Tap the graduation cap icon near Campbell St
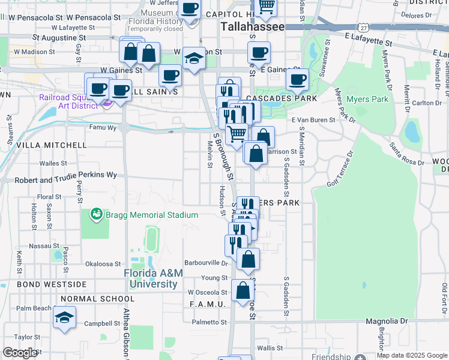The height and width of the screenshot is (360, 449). (x=64, y=318)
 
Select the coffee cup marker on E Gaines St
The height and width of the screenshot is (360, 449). (x=297, y=79)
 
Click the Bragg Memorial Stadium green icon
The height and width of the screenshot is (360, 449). (x=95, y=214)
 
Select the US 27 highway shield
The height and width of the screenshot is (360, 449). (x=362, y=28)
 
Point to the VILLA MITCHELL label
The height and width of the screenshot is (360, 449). (x=51, y=145)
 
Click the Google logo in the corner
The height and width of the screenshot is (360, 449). (x=20, y=353)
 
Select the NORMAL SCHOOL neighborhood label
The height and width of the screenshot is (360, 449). (x=97, y=299)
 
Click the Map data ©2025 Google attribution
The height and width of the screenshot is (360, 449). (x=412, y=355)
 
